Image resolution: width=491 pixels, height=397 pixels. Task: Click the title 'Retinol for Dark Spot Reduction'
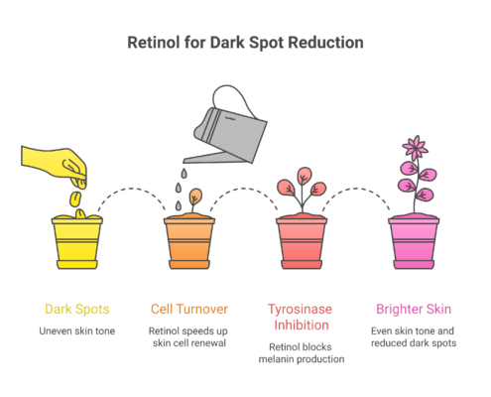(x=245, y=45)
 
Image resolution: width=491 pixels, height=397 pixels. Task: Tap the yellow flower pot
(x=77, y=240)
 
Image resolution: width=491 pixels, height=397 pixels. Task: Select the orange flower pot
(x=189, y=240)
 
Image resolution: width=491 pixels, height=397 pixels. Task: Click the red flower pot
(x=302, y=240)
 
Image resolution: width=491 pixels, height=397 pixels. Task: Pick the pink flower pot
(x=414, y=240)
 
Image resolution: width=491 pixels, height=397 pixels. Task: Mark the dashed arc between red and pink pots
(x=358, y=191)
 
